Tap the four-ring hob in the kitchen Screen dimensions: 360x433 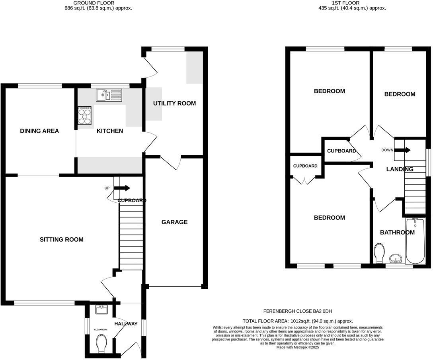pyautogui.click(x=85, y=115)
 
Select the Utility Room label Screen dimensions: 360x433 pyautogui.click(x=174, y=103)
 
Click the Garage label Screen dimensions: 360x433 pyautogui.click(x=174, y=222)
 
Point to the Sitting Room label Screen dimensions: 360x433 pyautogui.click(x=62, y=239)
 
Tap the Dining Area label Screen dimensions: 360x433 pyautogui.click(x=39, y=131)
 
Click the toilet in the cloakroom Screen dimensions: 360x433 pyautogui.click(x=101, y=343)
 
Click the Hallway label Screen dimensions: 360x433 pyautogui.click(x=126, y=324)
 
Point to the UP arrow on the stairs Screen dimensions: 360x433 pyautogui.click(x=122, y=188)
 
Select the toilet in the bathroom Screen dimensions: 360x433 pyautogui.click(x=379, y=253)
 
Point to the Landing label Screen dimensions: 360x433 pyautogui.click(x=400, y=169)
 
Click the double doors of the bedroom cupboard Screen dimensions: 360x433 pyautogui.click(x=305, y=180)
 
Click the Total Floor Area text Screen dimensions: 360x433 pyautogui.click(x=298, y=321)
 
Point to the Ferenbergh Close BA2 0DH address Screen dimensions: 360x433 pyautogui.click(x=298, y=311)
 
